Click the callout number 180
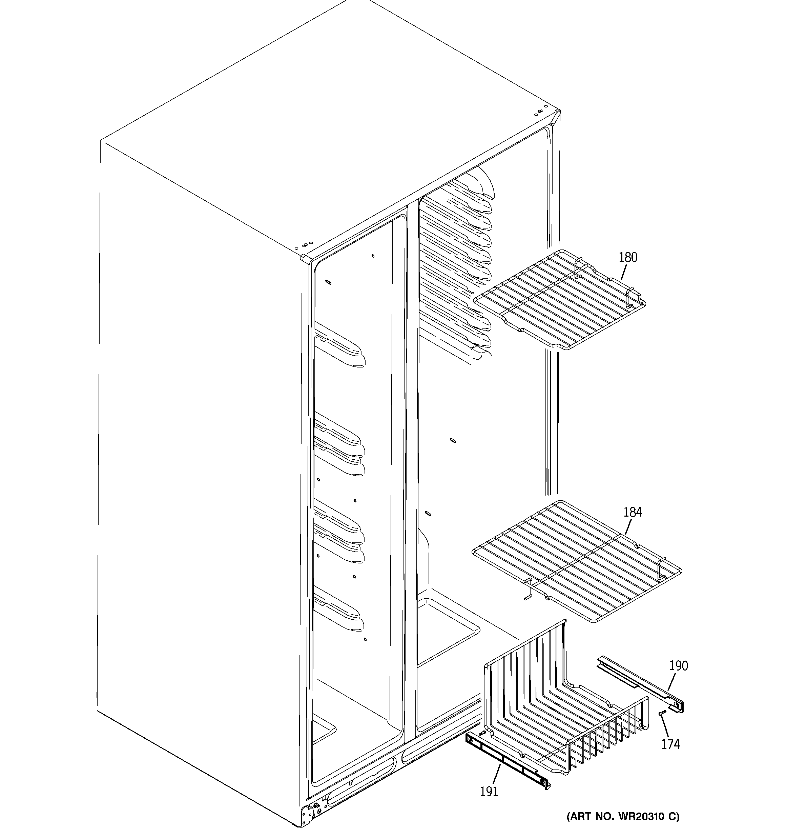point(628,257)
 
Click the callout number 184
point(633,512)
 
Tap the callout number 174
point(670,744)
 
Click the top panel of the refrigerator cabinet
point(329,126)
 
